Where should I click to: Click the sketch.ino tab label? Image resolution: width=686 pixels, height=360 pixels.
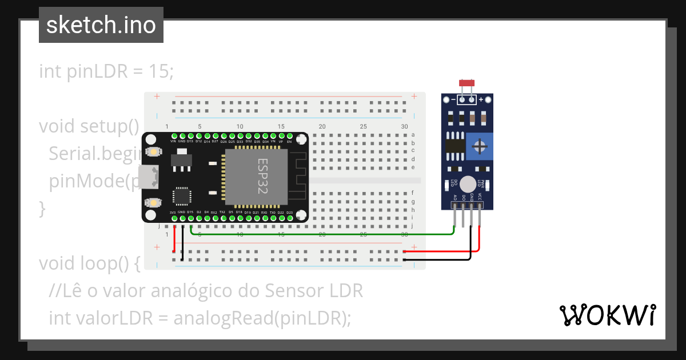[x=101, y=25]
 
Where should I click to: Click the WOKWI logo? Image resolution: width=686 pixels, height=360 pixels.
[x=607, y=315]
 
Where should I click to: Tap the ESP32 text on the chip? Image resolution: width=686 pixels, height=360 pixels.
[x=262, y=177]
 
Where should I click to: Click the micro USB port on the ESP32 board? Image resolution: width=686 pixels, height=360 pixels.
[x=151, y=177]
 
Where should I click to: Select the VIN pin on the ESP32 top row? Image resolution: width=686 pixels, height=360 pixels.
[x=173, y=137]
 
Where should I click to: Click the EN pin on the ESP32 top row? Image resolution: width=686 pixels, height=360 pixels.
[x=289, y=137]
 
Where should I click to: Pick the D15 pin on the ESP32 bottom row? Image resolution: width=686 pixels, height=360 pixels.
[x=190, y=217]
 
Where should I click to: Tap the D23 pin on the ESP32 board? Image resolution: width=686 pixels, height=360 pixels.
[x=289, y=217]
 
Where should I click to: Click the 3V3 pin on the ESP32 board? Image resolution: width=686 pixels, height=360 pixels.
[x=173, y=217]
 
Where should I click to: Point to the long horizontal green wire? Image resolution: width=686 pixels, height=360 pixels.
[x=320, y=234]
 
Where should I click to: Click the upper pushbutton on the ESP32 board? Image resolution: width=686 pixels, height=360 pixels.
[x=153, y=152]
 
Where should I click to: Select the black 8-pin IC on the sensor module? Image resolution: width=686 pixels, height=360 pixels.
[x=455, y=143]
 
